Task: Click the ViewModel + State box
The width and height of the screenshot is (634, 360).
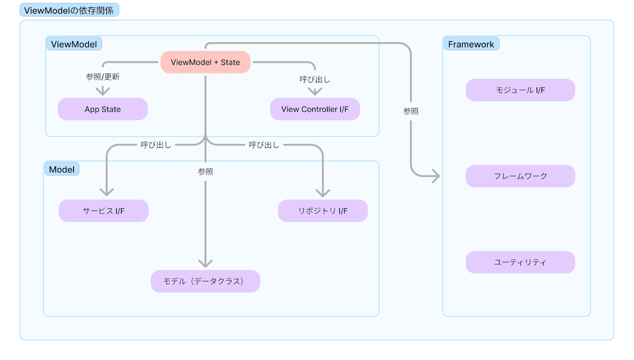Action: tap(205, 62)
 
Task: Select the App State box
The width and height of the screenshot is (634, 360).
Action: tap(102, 109)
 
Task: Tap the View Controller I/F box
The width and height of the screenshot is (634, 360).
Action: tap(315, 109)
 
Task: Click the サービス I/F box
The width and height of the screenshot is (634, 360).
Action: tap(104, 211)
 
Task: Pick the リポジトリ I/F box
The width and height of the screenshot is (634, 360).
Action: tap(322, 211)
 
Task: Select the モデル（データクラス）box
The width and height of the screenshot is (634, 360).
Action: tap(205, 281)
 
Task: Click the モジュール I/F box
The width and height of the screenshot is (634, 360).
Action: tap(520, 90)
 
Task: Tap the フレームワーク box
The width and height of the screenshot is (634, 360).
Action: tap(520, 176)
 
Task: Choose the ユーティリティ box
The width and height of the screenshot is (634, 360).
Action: tap(520, 262)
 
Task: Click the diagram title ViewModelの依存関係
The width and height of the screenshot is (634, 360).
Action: tap(69, 10)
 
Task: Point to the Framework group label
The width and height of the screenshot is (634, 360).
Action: tap(471, 44)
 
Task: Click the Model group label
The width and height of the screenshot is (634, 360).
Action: tap(61, 169)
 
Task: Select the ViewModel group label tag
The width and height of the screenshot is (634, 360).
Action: tap(74, 44)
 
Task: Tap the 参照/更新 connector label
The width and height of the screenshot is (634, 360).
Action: tap(102, 77)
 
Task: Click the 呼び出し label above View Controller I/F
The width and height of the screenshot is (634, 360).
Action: tap(315, 79)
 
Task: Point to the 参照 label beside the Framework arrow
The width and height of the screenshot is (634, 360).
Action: tap(411, 112)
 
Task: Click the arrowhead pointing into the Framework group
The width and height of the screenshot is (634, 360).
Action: tap(436, 176)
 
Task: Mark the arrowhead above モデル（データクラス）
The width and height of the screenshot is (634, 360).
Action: tap(205, 263)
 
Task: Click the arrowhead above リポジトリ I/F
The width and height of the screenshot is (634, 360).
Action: tap(322, 193)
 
